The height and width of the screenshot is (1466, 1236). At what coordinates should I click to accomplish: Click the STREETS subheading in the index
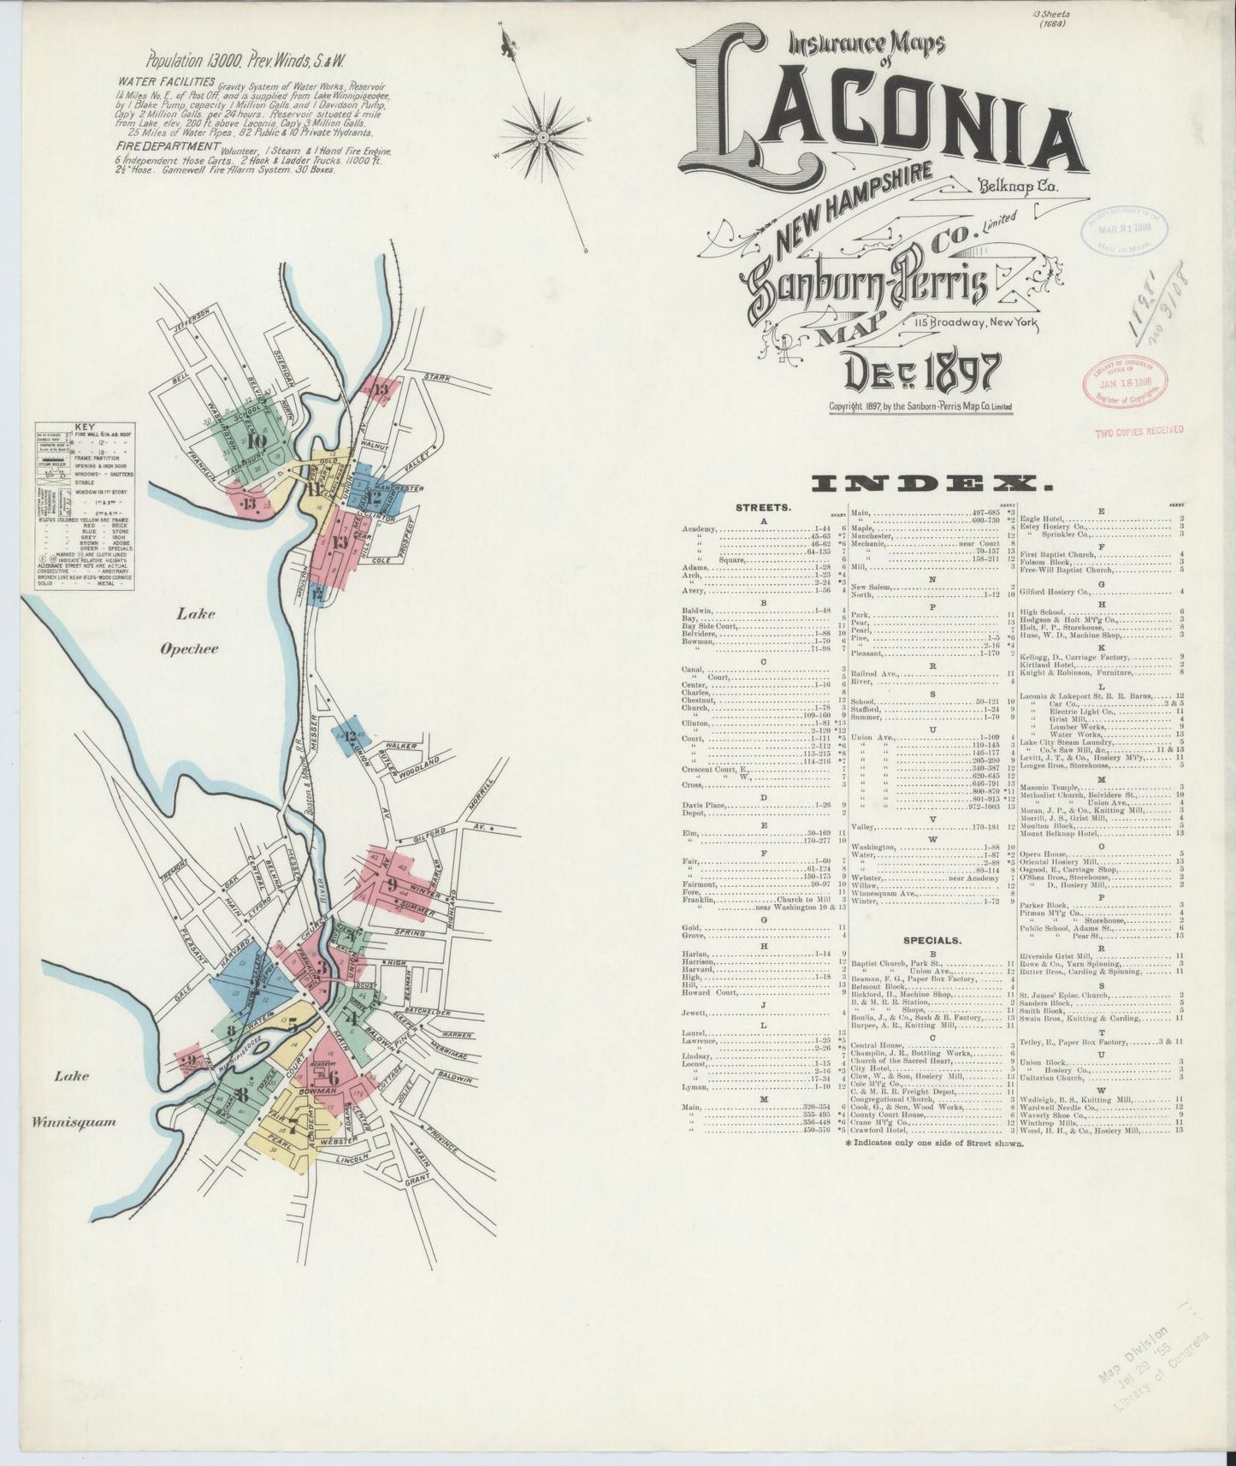(765, 508)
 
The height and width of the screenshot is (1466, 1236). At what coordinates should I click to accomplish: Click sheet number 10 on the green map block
(255, 441)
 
